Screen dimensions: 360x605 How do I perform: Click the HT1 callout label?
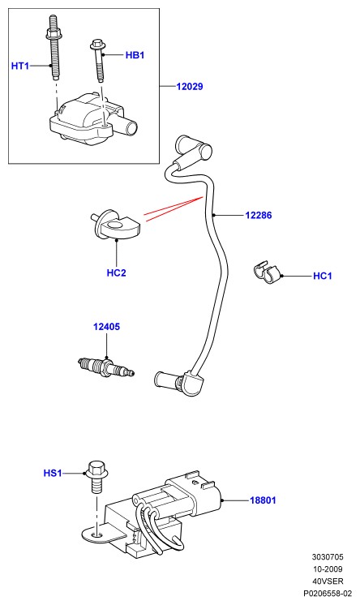[20, 66]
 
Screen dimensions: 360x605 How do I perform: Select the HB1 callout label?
[135, 55]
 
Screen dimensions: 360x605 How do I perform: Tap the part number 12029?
[190, 87]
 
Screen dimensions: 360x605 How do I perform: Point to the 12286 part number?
[259, 215]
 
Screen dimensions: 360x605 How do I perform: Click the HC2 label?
[116, 272]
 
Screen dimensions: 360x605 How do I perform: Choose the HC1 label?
[322, 276]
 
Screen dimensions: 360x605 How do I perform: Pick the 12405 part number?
[106, 326]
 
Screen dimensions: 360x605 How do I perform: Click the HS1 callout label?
[53, 473]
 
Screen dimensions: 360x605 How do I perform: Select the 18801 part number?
[264, 500]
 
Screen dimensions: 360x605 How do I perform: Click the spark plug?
[106, 367]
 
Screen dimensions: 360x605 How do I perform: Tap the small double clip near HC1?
[268, 273]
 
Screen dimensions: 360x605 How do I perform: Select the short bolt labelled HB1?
[98, 60]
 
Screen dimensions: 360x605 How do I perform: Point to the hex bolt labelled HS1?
[96, 478]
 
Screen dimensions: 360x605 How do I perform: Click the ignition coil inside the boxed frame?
[92, 119]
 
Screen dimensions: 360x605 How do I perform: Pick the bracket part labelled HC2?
[115, 225]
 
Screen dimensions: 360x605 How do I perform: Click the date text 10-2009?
[328, 569]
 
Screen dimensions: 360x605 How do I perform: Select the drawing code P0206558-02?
[328, 594]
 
